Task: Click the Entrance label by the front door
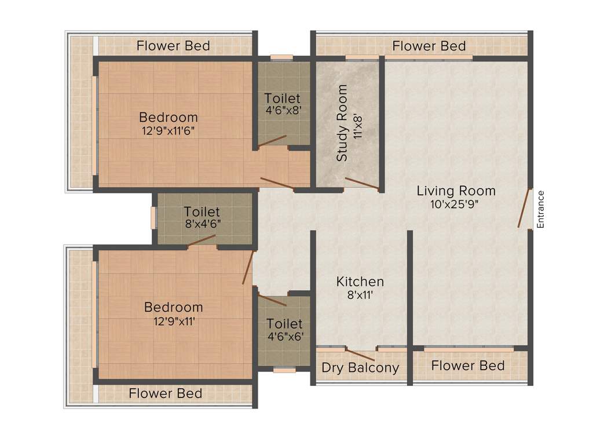pos(540,209)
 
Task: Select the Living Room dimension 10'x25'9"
pos(456,204)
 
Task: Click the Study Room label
pos(342,123)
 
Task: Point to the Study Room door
pos(362,183)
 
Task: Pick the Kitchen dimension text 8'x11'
pos(360,296)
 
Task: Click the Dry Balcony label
pos(360,367)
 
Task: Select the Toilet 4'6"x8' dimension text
pos(283,110)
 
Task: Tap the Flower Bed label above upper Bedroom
pos(173,45)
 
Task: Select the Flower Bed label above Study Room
pos(429,45)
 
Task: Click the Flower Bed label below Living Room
pos(468,366)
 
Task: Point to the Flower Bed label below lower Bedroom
pos(166,393)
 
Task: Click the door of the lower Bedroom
pos(248,268)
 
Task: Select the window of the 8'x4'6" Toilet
pos(153,217)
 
